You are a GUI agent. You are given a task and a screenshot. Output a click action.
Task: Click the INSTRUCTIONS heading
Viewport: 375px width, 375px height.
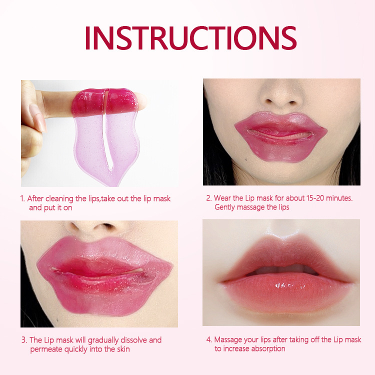tap(190, 38)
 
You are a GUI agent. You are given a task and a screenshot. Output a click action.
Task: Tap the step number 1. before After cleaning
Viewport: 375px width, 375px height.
tap(22, 198)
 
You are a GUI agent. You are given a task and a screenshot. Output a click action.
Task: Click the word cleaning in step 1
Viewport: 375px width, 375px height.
tap(59, 198)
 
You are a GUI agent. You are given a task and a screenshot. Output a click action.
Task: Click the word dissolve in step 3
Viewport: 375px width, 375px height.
tap(133, 340)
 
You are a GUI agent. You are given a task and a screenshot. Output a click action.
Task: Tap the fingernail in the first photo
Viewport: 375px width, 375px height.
tap(38, 117)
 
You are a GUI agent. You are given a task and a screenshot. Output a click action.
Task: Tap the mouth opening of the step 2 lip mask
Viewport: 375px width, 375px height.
tap(280, 134)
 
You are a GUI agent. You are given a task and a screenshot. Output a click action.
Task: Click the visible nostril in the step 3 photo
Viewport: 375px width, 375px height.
tap(107, 225)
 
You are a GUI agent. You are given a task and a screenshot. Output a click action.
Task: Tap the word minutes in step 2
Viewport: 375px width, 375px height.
tap(339, 198)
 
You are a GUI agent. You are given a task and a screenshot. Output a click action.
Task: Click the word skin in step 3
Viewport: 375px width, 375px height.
tap(123, 349)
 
